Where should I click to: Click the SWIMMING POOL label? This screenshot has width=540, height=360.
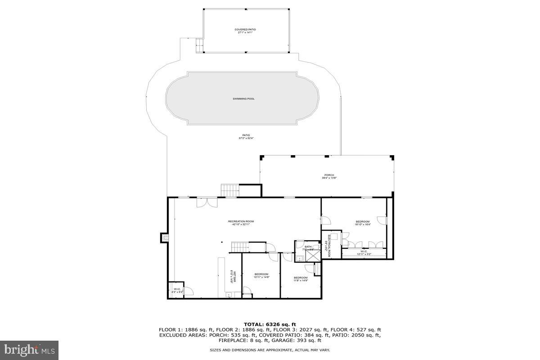pos(243,99)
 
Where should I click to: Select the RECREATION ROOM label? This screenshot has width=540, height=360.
pos(241,223)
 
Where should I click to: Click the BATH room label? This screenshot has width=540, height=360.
pos(308,248)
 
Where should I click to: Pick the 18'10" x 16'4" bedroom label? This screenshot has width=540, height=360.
pos(362,223)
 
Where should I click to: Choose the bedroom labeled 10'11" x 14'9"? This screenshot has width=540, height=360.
pos(261,275)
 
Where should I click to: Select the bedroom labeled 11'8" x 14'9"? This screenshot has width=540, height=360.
pos(301,279)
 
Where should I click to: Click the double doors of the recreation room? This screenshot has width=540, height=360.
pos(207,202)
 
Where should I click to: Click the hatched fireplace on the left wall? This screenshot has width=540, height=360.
pos(165,238)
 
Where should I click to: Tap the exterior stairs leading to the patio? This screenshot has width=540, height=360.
pos(229,190)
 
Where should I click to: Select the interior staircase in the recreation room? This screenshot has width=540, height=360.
pos(240,247)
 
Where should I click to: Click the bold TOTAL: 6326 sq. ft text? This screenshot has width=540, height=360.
pos(270,324)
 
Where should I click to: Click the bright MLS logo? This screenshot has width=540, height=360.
pos(29,349)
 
